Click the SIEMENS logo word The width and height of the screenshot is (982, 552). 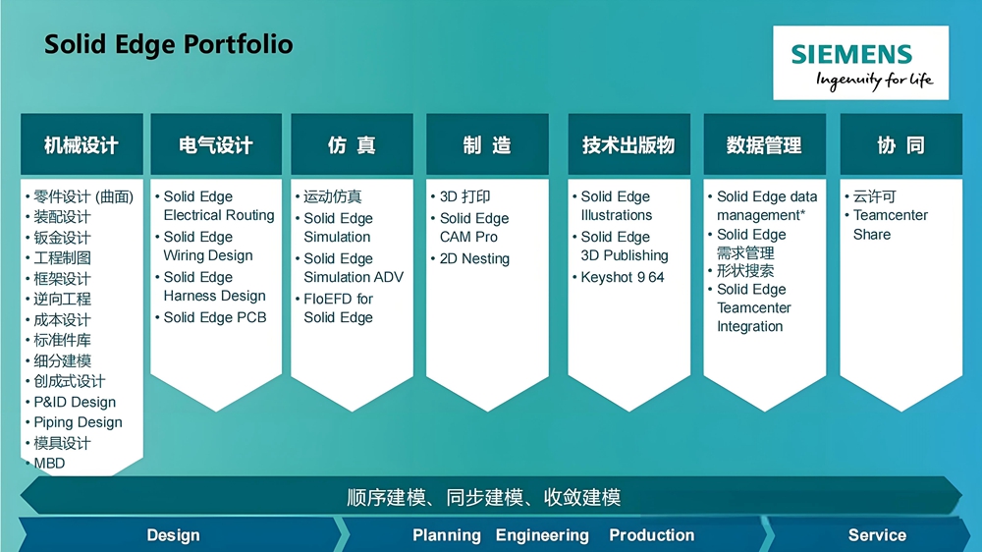[851, 54]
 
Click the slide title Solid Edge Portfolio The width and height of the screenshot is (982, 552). [169, 44]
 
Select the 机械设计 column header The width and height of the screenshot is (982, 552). [82, 145]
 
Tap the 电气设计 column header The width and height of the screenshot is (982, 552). [216, 145]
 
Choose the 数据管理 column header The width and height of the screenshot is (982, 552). [764, 145]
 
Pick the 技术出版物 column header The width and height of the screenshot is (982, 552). [628, 145]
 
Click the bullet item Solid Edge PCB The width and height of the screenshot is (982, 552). [215, 317]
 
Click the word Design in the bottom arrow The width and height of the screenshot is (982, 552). [174, 535]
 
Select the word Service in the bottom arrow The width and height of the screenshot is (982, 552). [877, 535]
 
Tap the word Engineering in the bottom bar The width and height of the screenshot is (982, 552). [542, 535]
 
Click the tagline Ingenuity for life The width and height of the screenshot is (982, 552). [874, 81]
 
